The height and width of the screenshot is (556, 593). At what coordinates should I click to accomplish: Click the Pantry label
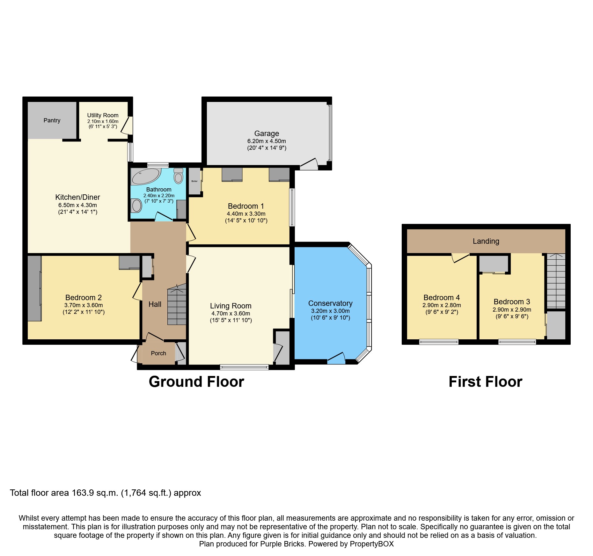pos(52,120)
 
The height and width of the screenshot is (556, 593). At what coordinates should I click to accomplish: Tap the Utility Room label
pos(103,115)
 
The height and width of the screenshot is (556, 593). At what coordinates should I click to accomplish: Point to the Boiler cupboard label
pos(194,181)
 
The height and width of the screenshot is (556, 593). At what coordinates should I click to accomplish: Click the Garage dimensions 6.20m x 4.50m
pos(267,141)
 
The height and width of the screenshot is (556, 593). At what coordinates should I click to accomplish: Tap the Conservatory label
pos(330,303)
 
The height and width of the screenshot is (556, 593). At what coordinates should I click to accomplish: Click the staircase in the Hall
pos(177,306)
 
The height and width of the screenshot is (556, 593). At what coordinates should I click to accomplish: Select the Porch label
pos(158,353)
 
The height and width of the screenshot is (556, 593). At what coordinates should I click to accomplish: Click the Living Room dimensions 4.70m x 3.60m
pos(231,314)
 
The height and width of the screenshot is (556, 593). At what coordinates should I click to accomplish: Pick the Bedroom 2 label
pos(84,298)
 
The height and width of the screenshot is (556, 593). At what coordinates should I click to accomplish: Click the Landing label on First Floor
pos(486,241)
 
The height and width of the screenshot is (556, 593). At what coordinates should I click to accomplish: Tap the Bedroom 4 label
pos(442,298)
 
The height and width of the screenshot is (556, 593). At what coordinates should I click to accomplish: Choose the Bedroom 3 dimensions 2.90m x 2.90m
pos(512,310)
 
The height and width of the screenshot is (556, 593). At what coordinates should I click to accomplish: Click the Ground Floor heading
pos(196,382)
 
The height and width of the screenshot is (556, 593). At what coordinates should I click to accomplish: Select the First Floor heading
pos(485,382)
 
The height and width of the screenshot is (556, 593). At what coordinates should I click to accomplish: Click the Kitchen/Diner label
pos(78,197)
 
